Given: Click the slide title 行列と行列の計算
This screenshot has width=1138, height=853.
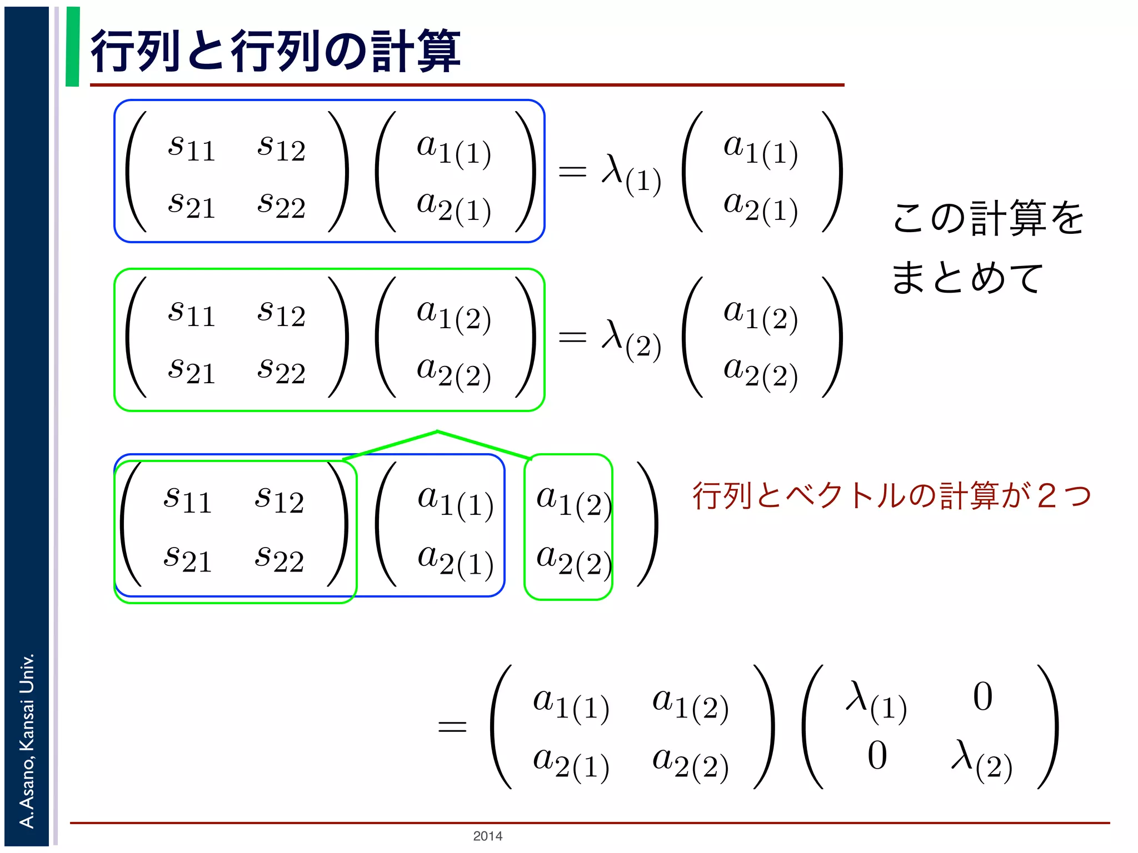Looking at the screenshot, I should click(275, 51).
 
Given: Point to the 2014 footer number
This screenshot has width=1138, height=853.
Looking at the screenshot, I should click(487, 836).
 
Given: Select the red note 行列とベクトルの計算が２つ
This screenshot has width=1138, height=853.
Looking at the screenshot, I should click(891, 495).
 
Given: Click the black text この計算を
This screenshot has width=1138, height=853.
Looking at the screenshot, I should click(988, 218).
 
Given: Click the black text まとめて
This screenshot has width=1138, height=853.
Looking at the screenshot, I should click(967, 278).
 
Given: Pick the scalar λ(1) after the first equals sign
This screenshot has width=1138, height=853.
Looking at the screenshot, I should click(631, 173).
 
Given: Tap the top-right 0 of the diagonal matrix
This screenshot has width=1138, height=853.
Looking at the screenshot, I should click(982, 697).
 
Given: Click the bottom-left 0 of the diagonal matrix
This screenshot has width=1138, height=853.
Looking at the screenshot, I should click(877, 756).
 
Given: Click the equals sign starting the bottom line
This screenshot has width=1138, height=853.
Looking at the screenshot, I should click(452, 726).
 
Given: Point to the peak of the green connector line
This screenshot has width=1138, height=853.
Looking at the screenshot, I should click(437, 431).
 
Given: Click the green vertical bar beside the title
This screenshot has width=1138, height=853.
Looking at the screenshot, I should click(72, 47).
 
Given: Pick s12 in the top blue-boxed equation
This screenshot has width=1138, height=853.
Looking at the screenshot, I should click(281, 148).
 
